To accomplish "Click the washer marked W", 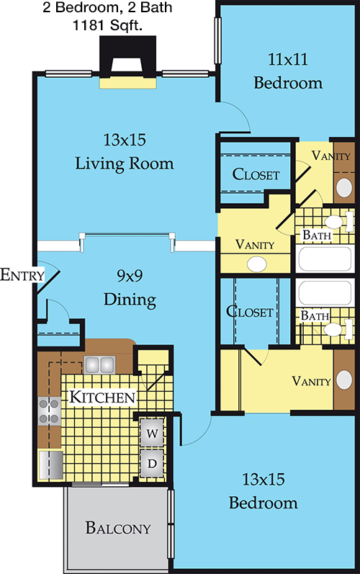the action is [152, 433].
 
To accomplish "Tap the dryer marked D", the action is [152, 463].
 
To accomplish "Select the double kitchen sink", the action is [99, 364].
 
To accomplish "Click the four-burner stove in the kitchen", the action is [50, 411].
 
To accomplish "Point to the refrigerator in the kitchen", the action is [51, 465].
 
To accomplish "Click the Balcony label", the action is [118, 528].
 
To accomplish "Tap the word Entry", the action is [22, 274].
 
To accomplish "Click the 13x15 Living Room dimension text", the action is [125, 140].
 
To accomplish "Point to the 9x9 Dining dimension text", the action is [130, 275].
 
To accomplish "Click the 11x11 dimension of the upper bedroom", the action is [288, 59].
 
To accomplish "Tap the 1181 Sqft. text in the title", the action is [107, 25].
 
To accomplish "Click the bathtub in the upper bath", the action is [325, 259].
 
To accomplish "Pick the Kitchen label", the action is [102, 397].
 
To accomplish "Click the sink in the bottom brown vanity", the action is [344, 380].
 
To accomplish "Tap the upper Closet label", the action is [256, 174].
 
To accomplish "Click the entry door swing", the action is [49, 277].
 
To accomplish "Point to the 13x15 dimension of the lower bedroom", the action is [264, 479].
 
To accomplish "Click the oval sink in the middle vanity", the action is [257, 264].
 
